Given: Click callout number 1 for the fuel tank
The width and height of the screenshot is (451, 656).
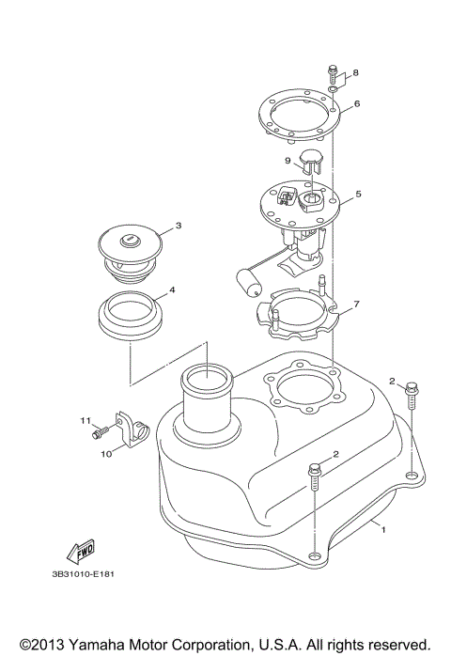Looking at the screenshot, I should [x=383, y=530].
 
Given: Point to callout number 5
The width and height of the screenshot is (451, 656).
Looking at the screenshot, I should [x=358, y=197].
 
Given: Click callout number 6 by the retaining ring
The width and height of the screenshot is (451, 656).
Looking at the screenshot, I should [x=357, y=103].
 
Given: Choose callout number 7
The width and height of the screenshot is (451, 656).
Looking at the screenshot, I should [x=356, y=305].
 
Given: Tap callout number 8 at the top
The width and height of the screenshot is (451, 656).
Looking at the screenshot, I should [x=355, y=72].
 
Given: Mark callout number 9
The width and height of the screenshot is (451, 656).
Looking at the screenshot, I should [x=288, y=161].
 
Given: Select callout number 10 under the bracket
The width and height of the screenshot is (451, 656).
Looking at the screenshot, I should [x=106, y=453].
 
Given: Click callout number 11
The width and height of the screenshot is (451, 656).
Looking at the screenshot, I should [x=83, y=420].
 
